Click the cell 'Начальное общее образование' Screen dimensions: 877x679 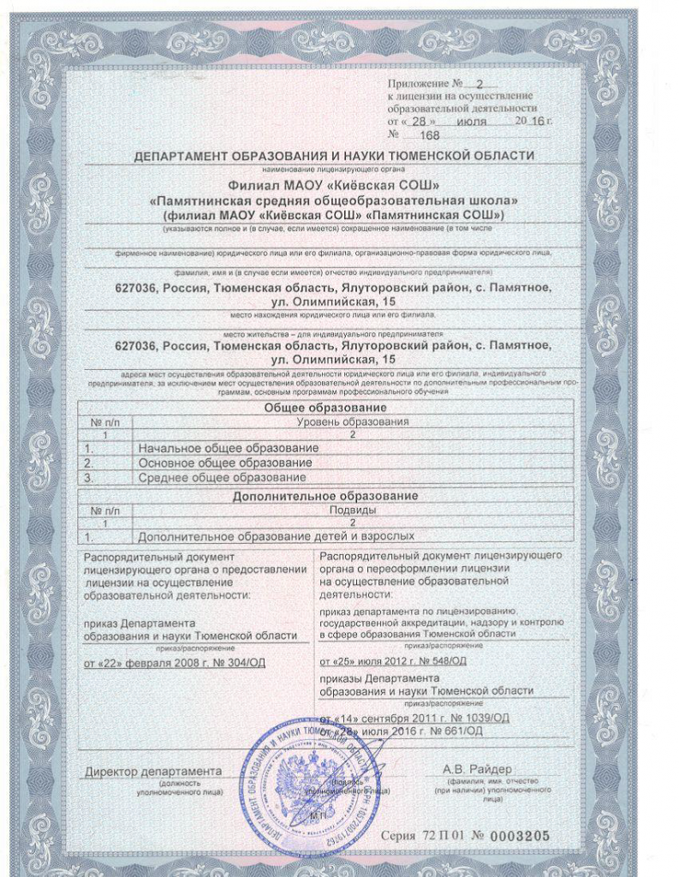pyautogui.click(x=228, y=448)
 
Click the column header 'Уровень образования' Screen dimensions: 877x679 pyautogui.click(x=352, y=422)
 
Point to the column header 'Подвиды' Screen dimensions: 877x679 pyautogui.click(x=352, y=510)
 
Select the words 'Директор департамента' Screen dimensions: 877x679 pyautogui.click(x=153, y=771)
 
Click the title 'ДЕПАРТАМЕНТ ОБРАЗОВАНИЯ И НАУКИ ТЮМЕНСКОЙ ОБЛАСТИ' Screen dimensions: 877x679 pyautogui.click(x=334, y=156)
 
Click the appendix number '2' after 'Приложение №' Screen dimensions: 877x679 pyautogui.click(x=479, y=84)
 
